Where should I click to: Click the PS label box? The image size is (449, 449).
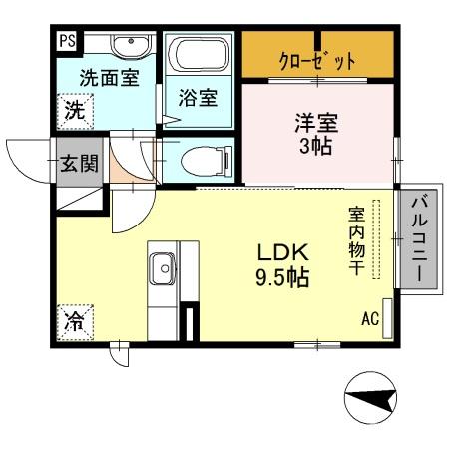click(67, 42)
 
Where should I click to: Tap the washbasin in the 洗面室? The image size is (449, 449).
click(128, 46)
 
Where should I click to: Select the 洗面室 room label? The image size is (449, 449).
click(109, 78)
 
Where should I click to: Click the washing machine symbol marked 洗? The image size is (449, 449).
click(75, 110)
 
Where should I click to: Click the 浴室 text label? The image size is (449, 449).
click(198, 98)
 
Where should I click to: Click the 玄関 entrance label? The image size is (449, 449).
click(77, 164)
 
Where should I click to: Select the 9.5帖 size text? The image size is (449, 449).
click(279, 277)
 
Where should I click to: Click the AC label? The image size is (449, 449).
click(370, 319)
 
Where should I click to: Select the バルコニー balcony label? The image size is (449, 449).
click(419, 239)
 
